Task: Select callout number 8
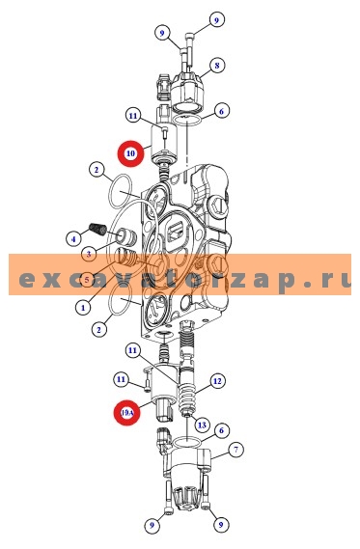tap(218, 65)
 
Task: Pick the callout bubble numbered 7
tap(235, 450)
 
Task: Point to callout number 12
tap(217, 380)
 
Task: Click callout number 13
tap(202, 424)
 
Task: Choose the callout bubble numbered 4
tap(71, 238)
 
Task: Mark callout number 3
tap(88, 254)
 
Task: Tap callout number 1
tap(83, 308)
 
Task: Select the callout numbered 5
tap(87, 280)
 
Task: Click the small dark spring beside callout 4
tap(97, 229)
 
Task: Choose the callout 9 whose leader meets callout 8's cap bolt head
tap(162, 33)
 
